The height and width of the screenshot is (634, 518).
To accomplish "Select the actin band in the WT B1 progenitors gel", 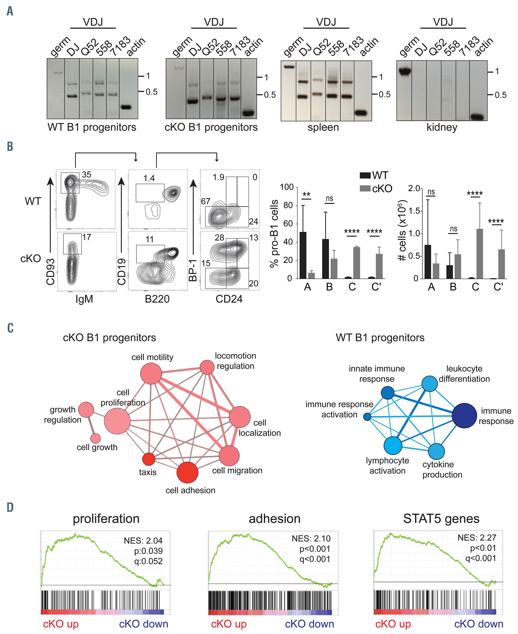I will (x=126, y=107).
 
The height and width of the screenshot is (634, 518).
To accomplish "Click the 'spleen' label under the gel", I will (x=323, y=127).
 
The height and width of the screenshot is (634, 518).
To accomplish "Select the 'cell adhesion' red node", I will (x=187, y=472).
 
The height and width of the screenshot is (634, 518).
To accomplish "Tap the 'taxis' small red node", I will (x=149, y=459).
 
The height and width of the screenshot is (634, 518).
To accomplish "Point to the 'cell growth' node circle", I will (x=95, y=438).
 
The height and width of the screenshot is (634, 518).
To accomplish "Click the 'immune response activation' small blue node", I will (x=367, y=417).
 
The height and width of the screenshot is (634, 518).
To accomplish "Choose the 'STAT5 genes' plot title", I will (x=441, y=519).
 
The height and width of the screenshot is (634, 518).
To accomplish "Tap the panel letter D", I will (x=10, y=507).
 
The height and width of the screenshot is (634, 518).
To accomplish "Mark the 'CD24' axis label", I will (x=229, y=299).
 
